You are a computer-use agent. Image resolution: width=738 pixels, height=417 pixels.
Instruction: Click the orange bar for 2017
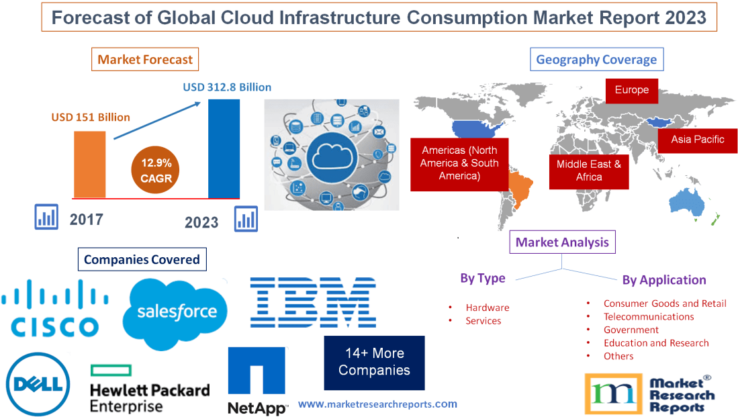pos(89,164)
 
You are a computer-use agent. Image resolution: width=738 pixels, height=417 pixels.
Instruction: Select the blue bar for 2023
pos(224,148)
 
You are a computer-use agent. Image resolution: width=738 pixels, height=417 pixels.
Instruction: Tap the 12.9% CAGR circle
pos(156,171)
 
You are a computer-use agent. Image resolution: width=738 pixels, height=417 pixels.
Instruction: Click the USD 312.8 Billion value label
pos(227,87)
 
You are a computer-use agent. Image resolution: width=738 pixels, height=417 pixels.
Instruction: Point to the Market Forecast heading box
pos(145,60)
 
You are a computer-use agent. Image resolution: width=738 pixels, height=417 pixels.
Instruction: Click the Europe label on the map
pos(631,90)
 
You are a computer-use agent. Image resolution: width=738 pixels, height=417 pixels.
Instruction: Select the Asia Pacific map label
pos(698,140)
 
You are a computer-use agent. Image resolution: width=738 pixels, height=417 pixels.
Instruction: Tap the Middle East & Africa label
pos(588,171)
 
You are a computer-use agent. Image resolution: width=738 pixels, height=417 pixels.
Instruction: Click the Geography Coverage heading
pos(596,60)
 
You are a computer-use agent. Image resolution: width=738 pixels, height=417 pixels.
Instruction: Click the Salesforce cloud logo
pos(177,311)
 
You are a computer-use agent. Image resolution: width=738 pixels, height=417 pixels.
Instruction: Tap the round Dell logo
pos(39,384)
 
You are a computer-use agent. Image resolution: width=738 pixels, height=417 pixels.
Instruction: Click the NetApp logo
pos(257,381)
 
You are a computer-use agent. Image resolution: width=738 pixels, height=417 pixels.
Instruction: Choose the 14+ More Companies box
pos(374,362)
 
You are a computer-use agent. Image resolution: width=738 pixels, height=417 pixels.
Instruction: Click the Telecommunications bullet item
pos(648,316)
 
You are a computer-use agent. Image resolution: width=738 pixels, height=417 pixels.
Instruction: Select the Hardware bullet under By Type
pos(487,308)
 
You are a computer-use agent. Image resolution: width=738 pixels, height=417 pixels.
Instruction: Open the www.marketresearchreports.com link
pos(377,404)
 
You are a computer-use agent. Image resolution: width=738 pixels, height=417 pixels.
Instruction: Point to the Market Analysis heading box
pos(562,242)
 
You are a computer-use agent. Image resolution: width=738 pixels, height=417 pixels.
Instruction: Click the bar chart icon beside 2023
pos(246,218)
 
